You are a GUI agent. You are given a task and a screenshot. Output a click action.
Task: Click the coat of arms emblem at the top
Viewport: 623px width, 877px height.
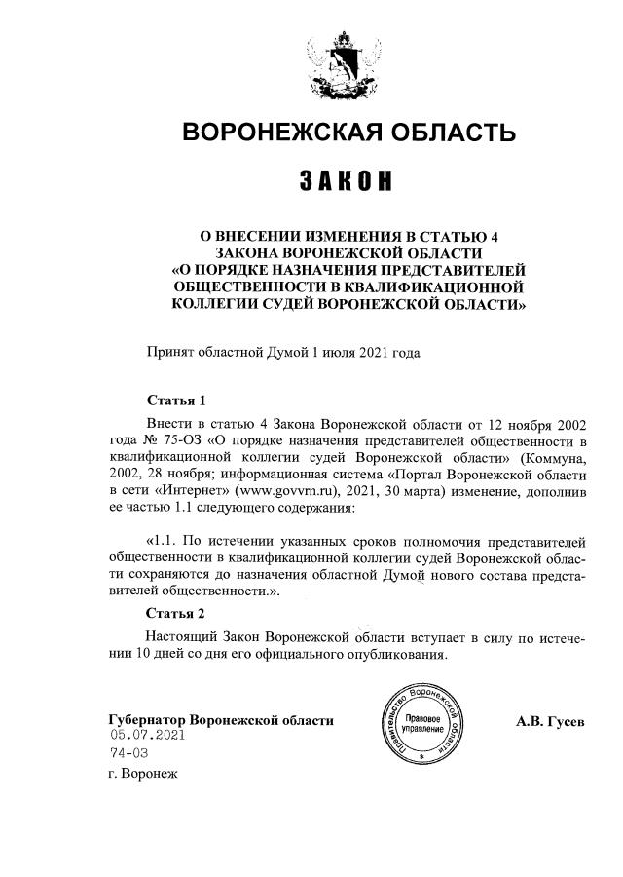coord(347,64)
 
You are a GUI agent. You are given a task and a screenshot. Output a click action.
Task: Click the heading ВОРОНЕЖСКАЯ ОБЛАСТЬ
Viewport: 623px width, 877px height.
coord(348,132)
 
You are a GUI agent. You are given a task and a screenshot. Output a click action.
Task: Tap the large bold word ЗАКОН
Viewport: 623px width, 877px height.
coord(347,181)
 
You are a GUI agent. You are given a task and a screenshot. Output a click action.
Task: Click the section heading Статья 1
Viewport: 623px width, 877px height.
coord(176,400)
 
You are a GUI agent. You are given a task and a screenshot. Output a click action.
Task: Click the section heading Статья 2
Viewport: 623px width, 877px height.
coord(176,613)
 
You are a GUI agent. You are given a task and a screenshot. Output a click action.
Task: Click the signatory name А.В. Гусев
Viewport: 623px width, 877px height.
coord(551,721)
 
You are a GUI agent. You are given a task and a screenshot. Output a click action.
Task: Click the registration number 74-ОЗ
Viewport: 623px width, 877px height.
coord(129,754)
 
